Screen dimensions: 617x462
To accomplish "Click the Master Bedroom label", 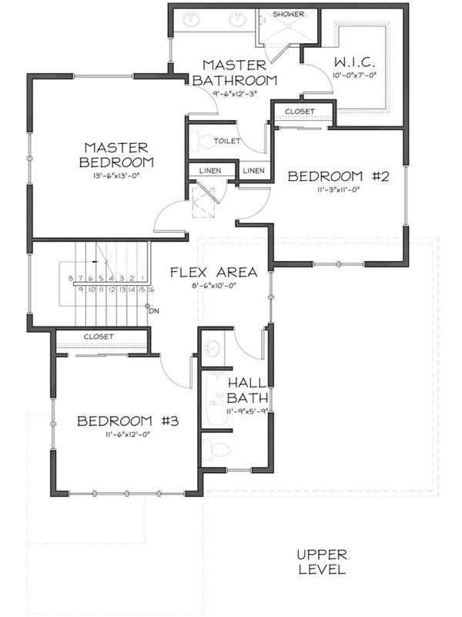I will click(118, 154).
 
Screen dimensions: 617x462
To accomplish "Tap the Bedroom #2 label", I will click(339, 176).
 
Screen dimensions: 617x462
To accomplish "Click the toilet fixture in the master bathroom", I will click(202, 141).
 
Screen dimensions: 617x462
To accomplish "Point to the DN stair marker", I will click(152, 311).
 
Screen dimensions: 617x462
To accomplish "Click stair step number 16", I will click(152, 290).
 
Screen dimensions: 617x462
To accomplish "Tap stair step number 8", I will click(70, 278).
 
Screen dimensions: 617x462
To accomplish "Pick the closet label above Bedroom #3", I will click(99, 337).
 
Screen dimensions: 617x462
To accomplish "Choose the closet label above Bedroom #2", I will click(300, 112).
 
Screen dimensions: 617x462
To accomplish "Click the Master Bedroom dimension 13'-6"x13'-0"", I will click(118, 176).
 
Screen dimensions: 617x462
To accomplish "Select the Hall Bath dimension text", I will click(246, 412).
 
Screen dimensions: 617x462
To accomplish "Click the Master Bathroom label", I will click(234, 72).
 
